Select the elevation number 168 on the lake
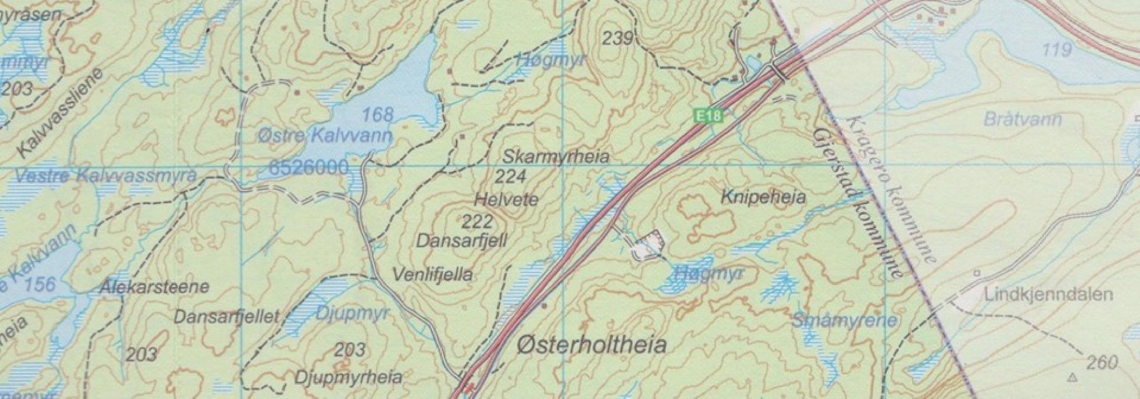click(378, 115)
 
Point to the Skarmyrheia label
click(556, 157)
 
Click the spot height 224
click(510, 177)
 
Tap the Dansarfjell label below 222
click(461, 241)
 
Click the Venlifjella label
click(433, 275)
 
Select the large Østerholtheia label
click(592, 345)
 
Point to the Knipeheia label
click(763, 198)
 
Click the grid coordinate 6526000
click(307, 168)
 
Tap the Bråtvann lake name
click(1022, 120)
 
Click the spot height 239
click(618, 39)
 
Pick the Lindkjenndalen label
click(1048, 295)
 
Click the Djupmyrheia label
click(348, 377)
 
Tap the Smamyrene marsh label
click(844, 320)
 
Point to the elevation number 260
click(1101, 363)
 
